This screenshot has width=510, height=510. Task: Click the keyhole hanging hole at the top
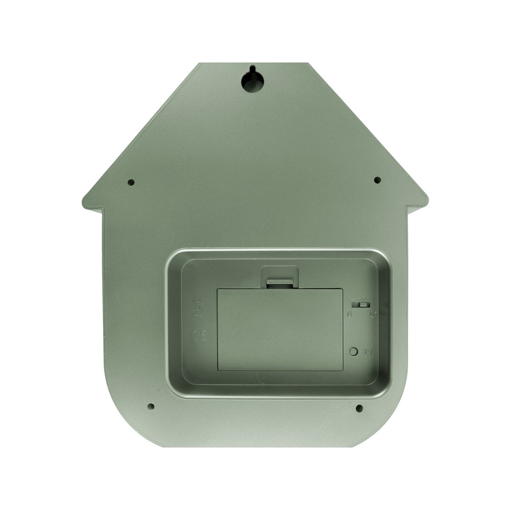tap(252, 81)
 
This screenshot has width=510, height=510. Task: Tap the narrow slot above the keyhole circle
tap(252, 69)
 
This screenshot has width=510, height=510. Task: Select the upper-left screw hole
tap(131, 182)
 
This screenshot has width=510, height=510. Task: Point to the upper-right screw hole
tap(377, 180)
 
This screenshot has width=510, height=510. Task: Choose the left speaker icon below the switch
tap(349, 315)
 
